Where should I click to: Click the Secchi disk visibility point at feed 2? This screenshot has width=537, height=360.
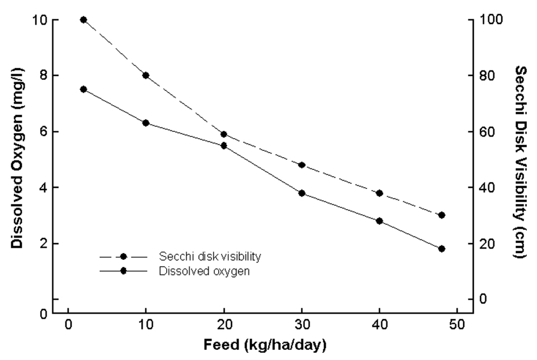coord(83,20)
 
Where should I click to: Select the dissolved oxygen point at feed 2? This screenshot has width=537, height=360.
coord(83,89)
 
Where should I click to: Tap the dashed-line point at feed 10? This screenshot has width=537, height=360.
coord(145,75)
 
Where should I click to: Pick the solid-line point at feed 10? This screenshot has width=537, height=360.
coord(145,123)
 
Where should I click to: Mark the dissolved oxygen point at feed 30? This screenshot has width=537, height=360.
coord(302,193)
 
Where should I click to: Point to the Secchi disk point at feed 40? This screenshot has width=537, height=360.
coord(379,193)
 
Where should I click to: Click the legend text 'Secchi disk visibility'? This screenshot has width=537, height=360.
coord(210,257)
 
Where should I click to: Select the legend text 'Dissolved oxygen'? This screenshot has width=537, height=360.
coord(204,271)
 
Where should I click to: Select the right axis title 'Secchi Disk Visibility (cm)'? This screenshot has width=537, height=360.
coord(520,162)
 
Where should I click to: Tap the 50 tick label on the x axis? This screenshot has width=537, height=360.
coord(457,325)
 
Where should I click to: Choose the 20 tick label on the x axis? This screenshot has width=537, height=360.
coord(224,325)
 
